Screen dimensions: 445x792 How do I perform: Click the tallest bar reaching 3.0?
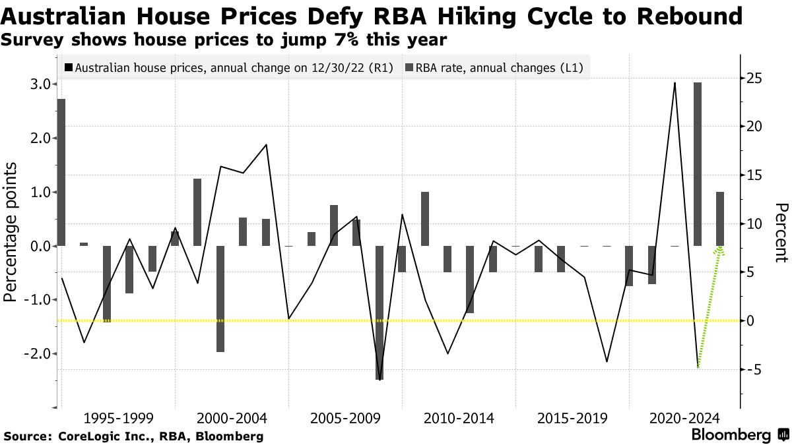[x=698, y=164]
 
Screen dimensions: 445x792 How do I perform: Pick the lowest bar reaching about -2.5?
[x=379, y=312]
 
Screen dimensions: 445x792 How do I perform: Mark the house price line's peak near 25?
[x=675, y=84]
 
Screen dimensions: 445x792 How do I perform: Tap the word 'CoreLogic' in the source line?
[x=86, y=436]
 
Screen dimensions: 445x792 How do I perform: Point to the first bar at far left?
[x=61, y=172]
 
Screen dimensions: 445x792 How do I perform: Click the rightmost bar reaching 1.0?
[x=720, y=219]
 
